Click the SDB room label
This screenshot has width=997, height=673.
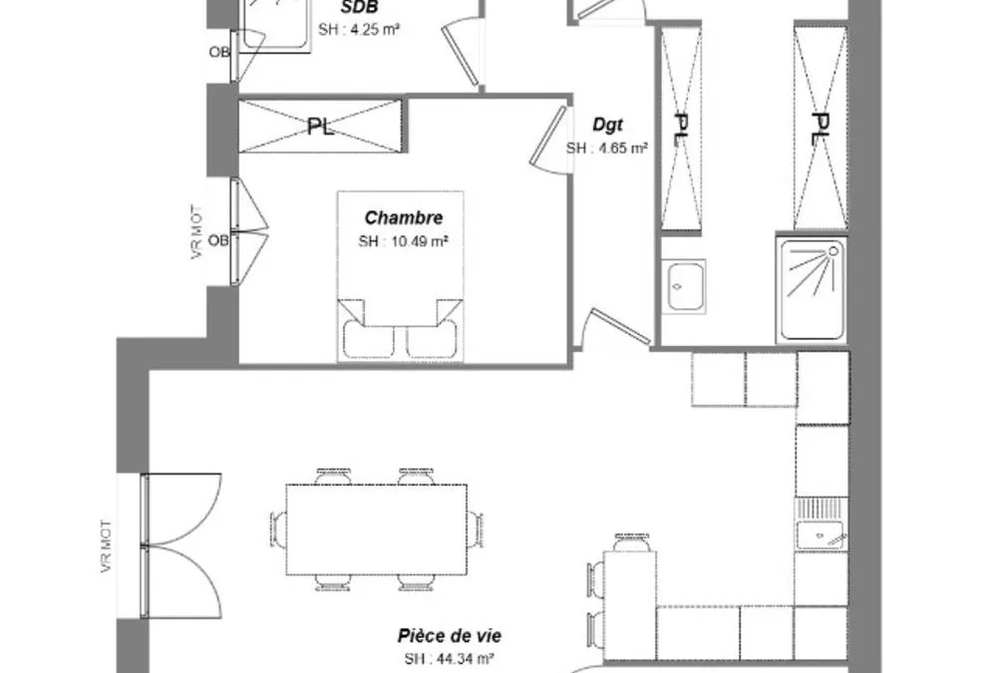tap(359, 8)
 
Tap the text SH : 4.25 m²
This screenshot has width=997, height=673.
tap(359, 30)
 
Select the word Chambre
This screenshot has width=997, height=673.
tap(404, 217)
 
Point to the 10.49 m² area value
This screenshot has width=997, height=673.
tap(421, 241)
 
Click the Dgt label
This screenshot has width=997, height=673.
tap(607, 125)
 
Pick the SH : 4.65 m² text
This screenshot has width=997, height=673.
tap(607, 149)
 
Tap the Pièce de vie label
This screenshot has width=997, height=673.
tap(450, 635)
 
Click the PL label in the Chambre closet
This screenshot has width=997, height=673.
tap(321, 127)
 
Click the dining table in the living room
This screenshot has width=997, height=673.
tap(377, 529)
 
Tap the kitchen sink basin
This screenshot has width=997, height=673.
tap(821, 535)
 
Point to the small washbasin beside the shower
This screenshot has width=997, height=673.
tap(684, 286)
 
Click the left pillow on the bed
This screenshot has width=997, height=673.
tap(368, 340)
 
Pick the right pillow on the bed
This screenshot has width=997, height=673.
tap(431, 340)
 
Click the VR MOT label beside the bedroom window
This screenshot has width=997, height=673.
tap(197, 231)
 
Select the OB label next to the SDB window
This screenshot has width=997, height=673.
tap(219, 52)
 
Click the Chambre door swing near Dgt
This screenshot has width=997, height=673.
tap(550, 138)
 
